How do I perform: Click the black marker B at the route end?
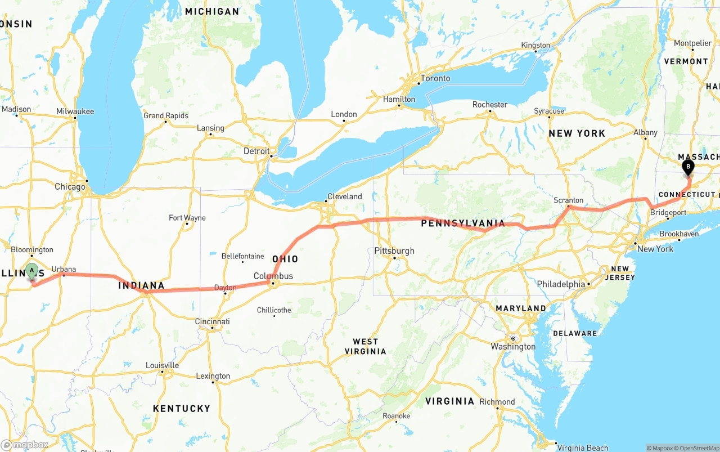click(687, 167)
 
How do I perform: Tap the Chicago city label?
click(70, 187)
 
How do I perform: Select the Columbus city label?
click(273, 276)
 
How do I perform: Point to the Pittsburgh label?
click(394, 251)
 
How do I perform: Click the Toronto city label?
click(435, 78)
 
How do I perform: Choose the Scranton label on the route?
click(568, 200)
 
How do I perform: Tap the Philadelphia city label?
click(561, 284)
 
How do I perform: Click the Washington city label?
click(513, 347)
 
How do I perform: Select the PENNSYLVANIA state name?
click(463, 223)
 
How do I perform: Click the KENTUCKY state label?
click(181, 408)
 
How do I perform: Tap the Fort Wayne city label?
click(187, 218)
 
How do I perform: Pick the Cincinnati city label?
click(213, 321)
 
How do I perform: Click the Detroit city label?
click(256, 151)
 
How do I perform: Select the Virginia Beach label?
click(582, 447)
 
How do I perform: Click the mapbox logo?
click(25, 445)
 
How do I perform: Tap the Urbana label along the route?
click(64, 270)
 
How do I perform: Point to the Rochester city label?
click(489, 105)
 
